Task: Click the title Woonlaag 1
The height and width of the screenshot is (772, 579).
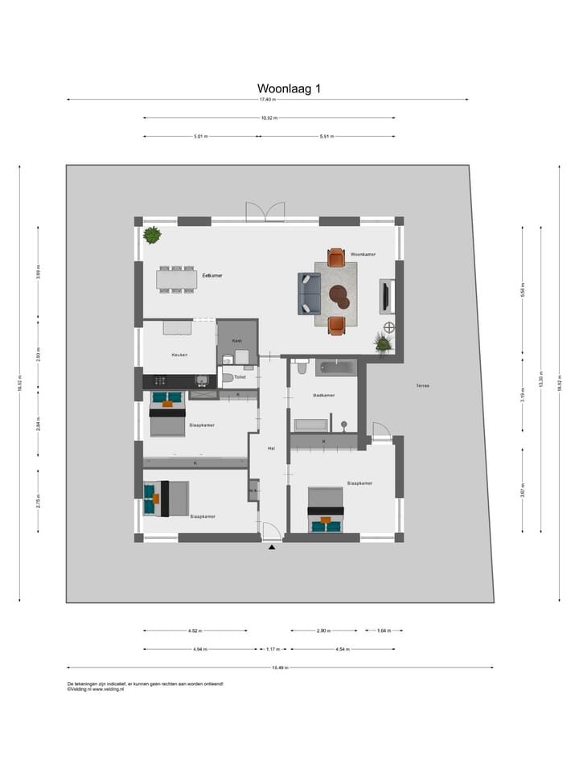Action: pyautogui.click(x=289, y=88)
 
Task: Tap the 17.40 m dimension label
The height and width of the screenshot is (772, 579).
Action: pyautogui.click(x=267, y=100)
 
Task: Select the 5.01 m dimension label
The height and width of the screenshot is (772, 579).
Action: pyautogui.click(x=200, y=137)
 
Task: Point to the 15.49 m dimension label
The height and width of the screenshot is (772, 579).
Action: pyautogui.click(x=280, y=667)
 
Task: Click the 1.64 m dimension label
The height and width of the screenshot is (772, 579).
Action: pyautogui.click(x=384, y=630)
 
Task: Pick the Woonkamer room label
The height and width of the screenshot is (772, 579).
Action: pyautogui.click(x=363, y=254)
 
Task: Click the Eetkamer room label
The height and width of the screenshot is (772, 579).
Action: pyautogui.click(x=212, y=276)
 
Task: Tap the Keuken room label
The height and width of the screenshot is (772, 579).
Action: pyautogui.click(x=179, y=355)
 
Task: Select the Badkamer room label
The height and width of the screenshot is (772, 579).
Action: pyautogui.click(x=324, y=396)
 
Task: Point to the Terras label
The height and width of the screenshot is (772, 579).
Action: pyautogui.click(x=422, y=386)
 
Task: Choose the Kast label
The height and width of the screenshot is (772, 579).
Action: pyautogui.click(x=236, y=341)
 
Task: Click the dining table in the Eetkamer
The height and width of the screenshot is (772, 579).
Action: pyautogui.click(x=177, y=279)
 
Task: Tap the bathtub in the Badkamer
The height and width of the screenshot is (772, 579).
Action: pyautogui.click(x=335, y=368)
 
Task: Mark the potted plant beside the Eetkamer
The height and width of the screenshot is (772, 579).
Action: pyautogui.click(x=152, y=235)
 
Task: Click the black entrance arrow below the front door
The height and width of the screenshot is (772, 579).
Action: pyautogui.click(x=272, y=548)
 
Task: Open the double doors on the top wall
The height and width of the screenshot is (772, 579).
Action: pyautogui.click(x=265, y=211)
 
